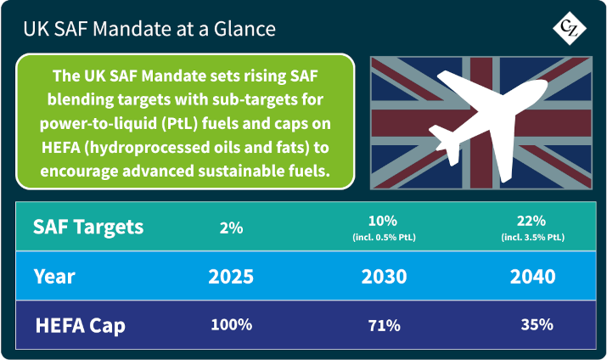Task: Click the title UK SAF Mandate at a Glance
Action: click(x=149, y=28)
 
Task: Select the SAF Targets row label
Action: click(x=88, y=227)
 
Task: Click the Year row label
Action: click(x=56, y=276)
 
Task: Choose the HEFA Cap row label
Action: click(x=81, y=324)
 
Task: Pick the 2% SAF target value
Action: click(x=231, y=228)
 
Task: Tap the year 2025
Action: click(x=232, y=277)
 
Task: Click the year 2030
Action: click(x=389, y=277)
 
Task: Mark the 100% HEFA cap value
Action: click(x=232, y=324)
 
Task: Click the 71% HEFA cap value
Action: click(x=389, y=324)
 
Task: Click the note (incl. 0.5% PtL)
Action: click(x=389, y=236)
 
